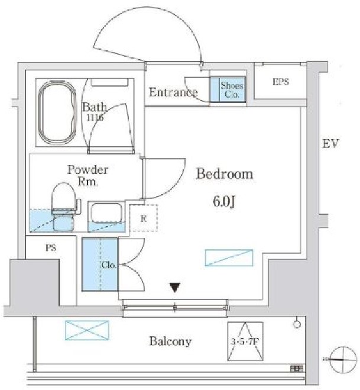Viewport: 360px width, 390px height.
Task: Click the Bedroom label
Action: click(x=224, y=175)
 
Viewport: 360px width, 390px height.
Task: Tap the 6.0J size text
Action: click(x=224, y=201)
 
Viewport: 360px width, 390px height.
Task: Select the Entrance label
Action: click(x=173, y=92)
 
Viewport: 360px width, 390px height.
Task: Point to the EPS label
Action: click(x=281, y=82)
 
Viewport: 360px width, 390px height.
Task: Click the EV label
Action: click(x=329, y=143)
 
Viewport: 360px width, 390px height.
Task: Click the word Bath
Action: click(x=94, y=108)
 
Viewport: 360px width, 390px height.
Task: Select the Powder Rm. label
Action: click(x=87, y=176)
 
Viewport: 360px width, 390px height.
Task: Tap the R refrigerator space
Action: click(x=144, y=217)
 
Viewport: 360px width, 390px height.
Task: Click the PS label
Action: click(x=51, y=249)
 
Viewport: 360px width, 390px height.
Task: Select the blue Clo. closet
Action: click(x=100, y=264)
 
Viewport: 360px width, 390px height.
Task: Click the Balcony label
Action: click(x=170, y=341)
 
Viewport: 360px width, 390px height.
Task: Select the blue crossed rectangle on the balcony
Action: click(x=87, y=329)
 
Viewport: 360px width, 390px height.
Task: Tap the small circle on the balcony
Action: click(x=297, y=324)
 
